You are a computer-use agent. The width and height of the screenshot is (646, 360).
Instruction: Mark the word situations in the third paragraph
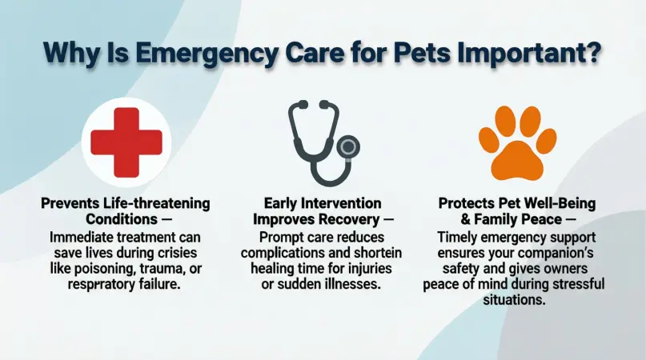(x=521, y=300)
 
